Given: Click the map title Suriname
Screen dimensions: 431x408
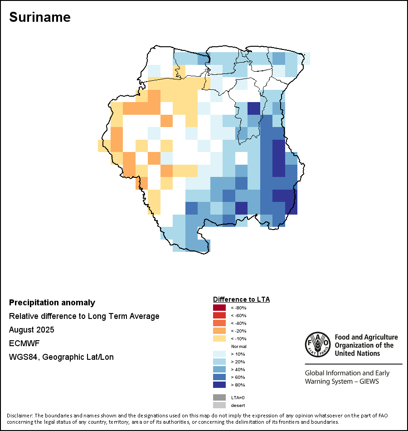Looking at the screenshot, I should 40,17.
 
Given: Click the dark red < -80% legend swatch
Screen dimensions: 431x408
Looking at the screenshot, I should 219,308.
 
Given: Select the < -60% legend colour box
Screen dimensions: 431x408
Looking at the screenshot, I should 219,315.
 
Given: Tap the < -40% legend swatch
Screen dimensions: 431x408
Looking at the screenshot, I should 219,323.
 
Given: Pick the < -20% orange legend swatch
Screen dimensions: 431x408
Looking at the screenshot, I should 219,331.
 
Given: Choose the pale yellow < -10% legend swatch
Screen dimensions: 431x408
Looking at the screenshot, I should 219,338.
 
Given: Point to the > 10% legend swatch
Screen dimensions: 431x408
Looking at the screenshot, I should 219,354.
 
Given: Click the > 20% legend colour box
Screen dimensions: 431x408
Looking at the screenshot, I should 219,362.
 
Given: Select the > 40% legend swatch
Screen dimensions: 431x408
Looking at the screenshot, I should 219,369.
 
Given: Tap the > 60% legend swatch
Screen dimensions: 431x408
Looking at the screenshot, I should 219,377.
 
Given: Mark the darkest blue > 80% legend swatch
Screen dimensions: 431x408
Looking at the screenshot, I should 219,385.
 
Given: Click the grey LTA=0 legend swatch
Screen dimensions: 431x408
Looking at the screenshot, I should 219,397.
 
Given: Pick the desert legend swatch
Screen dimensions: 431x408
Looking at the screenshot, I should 219,405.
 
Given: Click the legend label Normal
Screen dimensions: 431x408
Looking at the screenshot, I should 238,346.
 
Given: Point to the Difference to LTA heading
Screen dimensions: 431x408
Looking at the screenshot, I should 241,299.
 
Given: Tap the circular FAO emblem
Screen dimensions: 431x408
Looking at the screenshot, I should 317,345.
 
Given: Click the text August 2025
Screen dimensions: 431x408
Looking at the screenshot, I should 32,329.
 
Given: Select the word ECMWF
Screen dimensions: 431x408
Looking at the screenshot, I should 22,343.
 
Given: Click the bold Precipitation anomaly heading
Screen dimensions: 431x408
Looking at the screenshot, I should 52,303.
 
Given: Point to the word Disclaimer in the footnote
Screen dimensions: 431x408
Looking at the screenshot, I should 19,416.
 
